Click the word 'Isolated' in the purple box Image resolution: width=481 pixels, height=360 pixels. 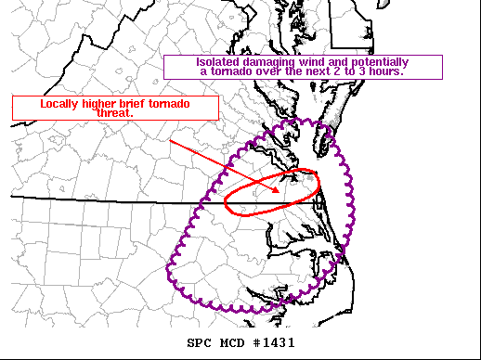tap(220, 62)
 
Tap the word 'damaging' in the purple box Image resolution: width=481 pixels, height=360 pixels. tap(267, 62)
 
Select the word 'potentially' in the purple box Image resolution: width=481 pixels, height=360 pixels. tap(377, 62)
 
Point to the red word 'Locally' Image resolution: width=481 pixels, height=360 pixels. tap(61, 104)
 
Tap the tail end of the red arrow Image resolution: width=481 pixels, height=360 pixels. tap(170, 142)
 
